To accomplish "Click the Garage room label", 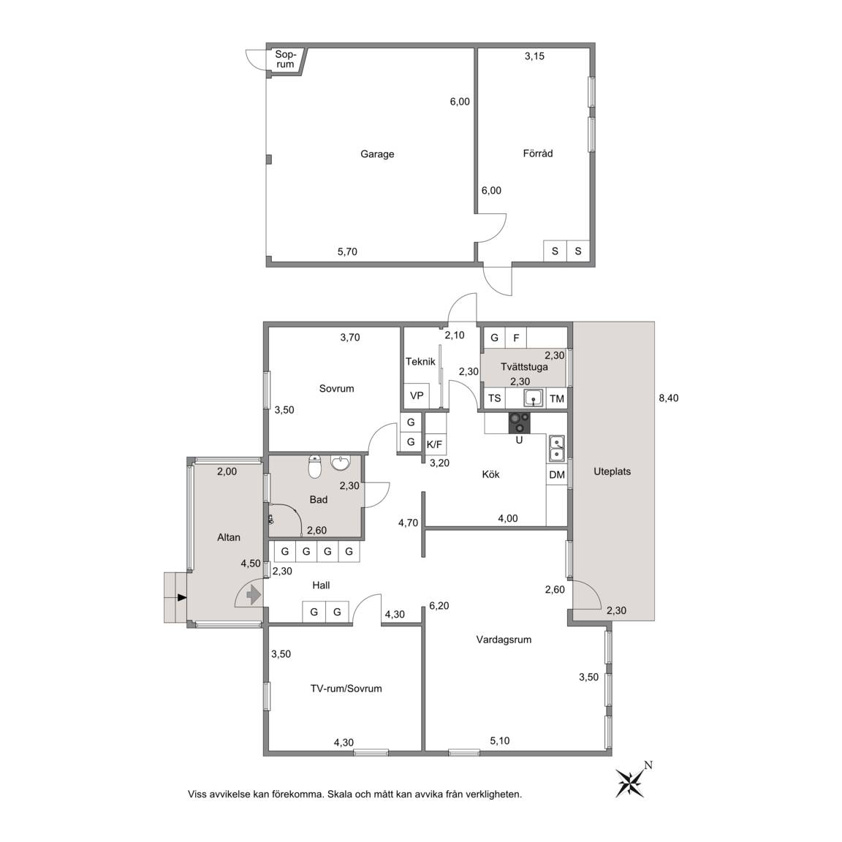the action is tap(377, 154).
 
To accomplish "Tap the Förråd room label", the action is tap(537, 153).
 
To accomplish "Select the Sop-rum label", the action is tap(285, 59).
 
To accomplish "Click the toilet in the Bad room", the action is tap(315, 466).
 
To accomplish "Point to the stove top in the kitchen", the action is tap(519, 422).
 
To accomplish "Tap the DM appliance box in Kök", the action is tap(557, 474).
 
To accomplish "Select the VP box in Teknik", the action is tap(417, 395).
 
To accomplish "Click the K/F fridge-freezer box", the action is tap(434, 444).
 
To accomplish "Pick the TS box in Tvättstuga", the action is tap(495, 398).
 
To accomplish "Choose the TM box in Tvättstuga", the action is tap(557, 398).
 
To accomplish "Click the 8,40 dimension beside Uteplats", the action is tap(669, 398).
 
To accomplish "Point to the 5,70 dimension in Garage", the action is tap(347, 251).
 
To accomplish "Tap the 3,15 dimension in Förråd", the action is tap(534, 56).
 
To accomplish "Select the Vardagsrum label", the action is tap(504, 640).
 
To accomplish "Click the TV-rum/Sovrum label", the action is tap(346, 689).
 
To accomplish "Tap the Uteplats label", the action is tap(612, 471).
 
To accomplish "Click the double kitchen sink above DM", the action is tap(557, 448).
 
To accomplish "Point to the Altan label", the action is tap(229, 537).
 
